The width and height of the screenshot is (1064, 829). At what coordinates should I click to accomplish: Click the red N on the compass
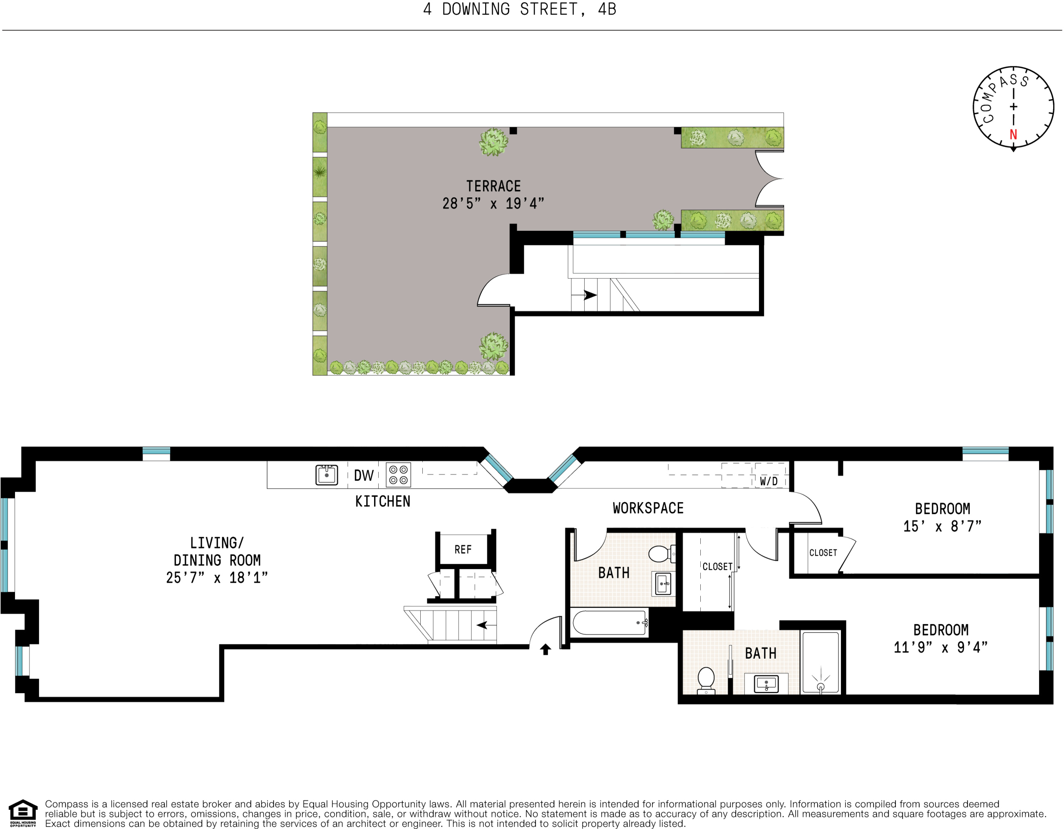pyautogui.click(x=1013, y=134)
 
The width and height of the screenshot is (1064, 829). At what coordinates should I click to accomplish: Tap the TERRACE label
pyautogui.click(x=494, y=186)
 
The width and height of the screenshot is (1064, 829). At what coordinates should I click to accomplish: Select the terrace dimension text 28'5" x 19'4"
pyautogui.click(x=493, y=203)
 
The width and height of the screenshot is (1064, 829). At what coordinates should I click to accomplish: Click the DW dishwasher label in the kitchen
pyautogui.click(x=363, y=475)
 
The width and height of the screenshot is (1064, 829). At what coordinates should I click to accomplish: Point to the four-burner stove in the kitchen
pyautogui.click(x=399, y=475)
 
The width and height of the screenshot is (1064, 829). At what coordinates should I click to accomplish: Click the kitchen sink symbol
pyautogui.click(x=326, y=475)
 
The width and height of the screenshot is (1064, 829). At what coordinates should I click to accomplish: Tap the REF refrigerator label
pyautogui.click(x=463, y=550)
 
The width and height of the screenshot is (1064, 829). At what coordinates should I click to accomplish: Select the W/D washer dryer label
pyautogui.click(x=769, y=481)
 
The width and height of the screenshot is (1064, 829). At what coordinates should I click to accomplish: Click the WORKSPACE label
pyautogui.click(x=648, y=508)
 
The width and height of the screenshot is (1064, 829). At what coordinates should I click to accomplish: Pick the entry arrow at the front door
pyautogui.click(x=546, y=649)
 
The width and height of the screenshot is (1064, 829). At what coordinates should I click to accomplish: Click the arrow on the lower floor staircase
pyautogui.click(x=482, y=625)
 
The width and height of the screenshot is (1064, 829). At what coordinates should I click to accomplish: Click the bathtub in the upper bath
pyautogui.click(x=610, y=622)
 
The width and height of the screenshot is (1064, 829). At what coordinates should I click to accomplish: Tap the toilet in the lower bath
pyautogui.click(x=706, y=680)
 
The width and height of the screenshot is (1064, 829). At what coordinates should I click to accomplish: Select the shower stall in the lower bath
pyautogui.click(x=821, y=662)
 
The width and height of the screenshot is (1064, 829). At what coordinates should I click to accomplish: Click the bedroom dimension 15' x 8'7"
pyautogui.click(x=942, y=526)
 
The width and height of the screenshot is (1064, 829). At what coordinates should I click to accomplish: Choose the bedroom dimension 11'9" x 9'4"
pyautogui.click(x=940, y=647)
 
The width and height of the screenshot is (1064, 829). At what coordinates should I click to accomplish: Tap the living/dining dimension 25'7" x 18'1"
pyautogui.click(x=217, y=578)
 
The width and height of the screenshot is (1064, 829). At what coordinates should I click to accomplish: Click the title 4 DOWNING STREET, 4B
pyautogui.click(x=520, y=9)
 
